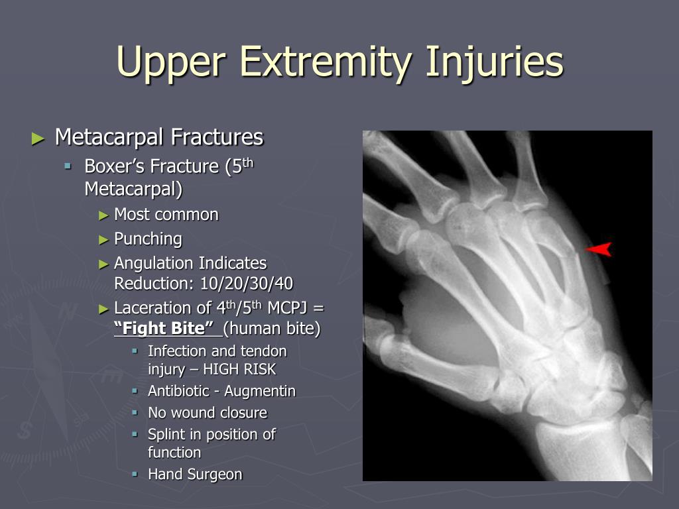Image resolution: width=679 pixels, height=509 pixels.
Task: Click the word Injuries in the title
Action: [495, 62]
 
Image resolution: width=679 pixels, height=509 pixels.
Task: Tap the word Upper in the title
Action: [171, 62]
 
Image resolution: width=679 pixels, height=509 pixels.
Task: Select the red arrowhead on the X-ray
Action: [599, 249]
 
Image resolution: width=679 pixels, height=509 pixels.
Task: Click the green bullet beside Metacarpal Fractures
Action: [38, 139]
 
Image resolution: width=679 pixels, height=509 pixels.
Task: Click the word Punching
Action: [148, 239]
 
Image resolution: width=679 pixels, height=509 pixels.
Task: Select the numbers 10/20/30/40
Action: [247, 284]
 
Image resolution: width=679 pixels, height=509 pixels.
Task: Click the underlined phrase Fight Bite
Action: [164, 328]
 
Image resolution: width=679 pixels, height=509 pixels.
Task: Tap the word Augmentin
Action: [260, 391]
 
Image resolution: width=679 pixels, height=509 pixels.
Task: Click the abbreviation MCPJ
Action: [288, 308]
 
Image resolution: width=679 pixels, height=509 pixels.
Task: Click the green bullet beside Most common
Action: [103, 215]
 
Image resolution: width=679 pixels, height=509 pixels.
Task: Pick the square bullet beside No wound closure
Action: [135, 412]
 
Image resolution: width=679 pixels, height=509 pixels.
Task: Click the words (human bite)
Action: [272, 328]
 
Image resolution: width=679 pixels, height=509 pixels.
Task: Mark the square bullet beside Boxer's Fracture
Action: [68, 165]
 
